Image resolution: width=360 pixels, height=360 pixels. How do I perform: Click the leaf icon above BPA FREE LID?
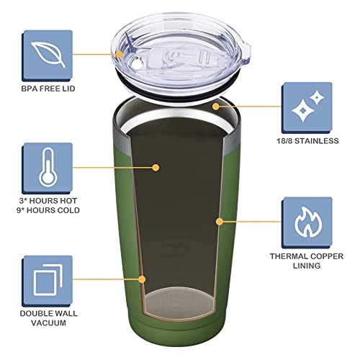coord(48,53)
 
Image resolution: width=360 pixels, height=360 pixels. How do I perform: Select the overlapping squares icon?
coord(48,276)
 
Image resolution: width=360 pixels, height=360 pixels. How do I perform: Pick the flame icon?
coord(307,220)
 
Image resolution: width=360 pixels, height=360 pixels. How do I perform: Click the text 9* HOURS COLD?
coord(49,210)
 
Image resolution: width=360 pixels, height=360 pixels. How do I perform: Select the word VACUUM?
coord(49,324)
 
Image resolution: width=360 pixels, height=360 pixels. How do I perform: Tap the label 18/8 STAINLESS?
coord(307,141)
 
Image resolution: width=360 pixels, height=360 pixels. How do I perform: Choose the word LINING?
coord(307,267)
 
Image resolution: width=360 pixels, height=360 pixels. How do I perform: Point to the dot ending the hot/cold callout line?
coord(156,167)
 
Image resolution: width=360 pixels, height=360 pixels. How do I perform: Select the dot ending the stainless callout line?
coord(213,105)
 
